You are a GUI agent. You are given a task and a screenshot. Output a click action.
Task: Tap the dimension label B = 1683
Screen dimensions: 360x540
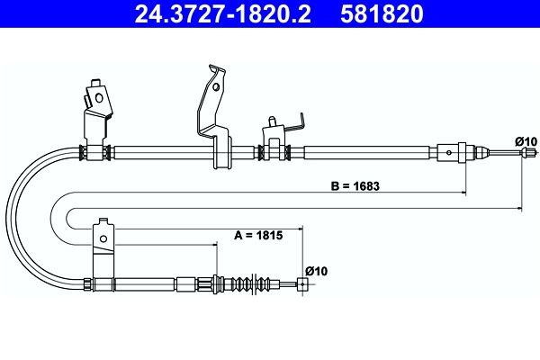tap(355, 188)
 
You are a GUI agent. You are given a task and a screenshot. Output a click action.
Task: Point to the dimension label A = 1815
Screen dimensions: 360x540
tap(259, 236)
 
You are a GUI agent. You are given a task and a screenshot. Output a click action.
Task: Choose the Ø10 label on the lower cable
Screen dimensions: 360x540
tap(316, 269)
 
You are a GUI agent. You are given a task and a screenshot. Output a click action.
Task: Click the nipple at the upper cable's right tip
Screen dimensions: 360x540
tap(520, 154)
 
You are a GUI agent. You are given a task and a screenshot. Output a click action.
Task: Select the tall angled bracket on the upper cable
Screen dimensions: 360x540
tap(212, 117)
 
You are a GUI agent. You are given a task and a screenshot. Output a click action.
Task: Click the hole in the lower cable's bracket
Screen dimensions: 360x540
tap(103, 237)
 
